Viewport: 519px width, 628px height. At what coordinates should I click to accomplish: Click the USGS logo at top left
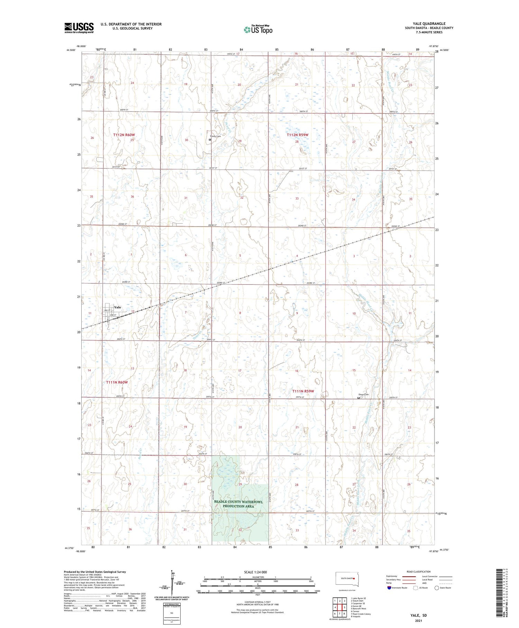coord(79,28)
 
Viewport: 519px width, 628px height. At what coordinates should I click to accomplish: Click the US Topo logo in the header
coord(258,30)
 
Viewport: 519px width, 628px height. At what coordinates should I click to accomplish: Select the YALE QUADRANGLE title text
coord(429,24)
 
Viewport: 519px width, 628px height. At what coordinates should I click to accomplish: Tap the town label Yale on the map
coord(118,307)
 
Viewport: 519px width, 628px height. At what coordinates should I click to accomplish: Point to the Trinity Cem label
coord(215,136)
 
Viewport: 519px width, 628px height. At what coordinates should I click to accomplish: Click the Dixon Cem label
coord(363,395)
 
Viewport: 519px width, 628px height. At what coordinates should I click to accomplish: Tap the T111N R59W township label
coord(303,391)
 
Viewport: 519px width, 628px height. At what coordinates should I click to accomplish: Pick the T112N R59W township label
coord(297,135)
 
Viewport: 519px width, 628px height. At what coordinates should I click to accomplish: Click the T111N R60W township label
coord(117,382)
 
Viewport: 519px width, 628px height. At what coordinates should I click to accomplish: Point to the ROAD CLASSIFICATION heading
coord(419,572)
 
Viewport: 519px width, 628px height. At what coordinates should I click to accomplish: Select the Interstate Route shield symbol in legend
coord(389,588)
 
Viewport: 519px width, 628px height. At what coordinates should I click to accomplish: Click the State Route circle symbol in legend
coord(437,588)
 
